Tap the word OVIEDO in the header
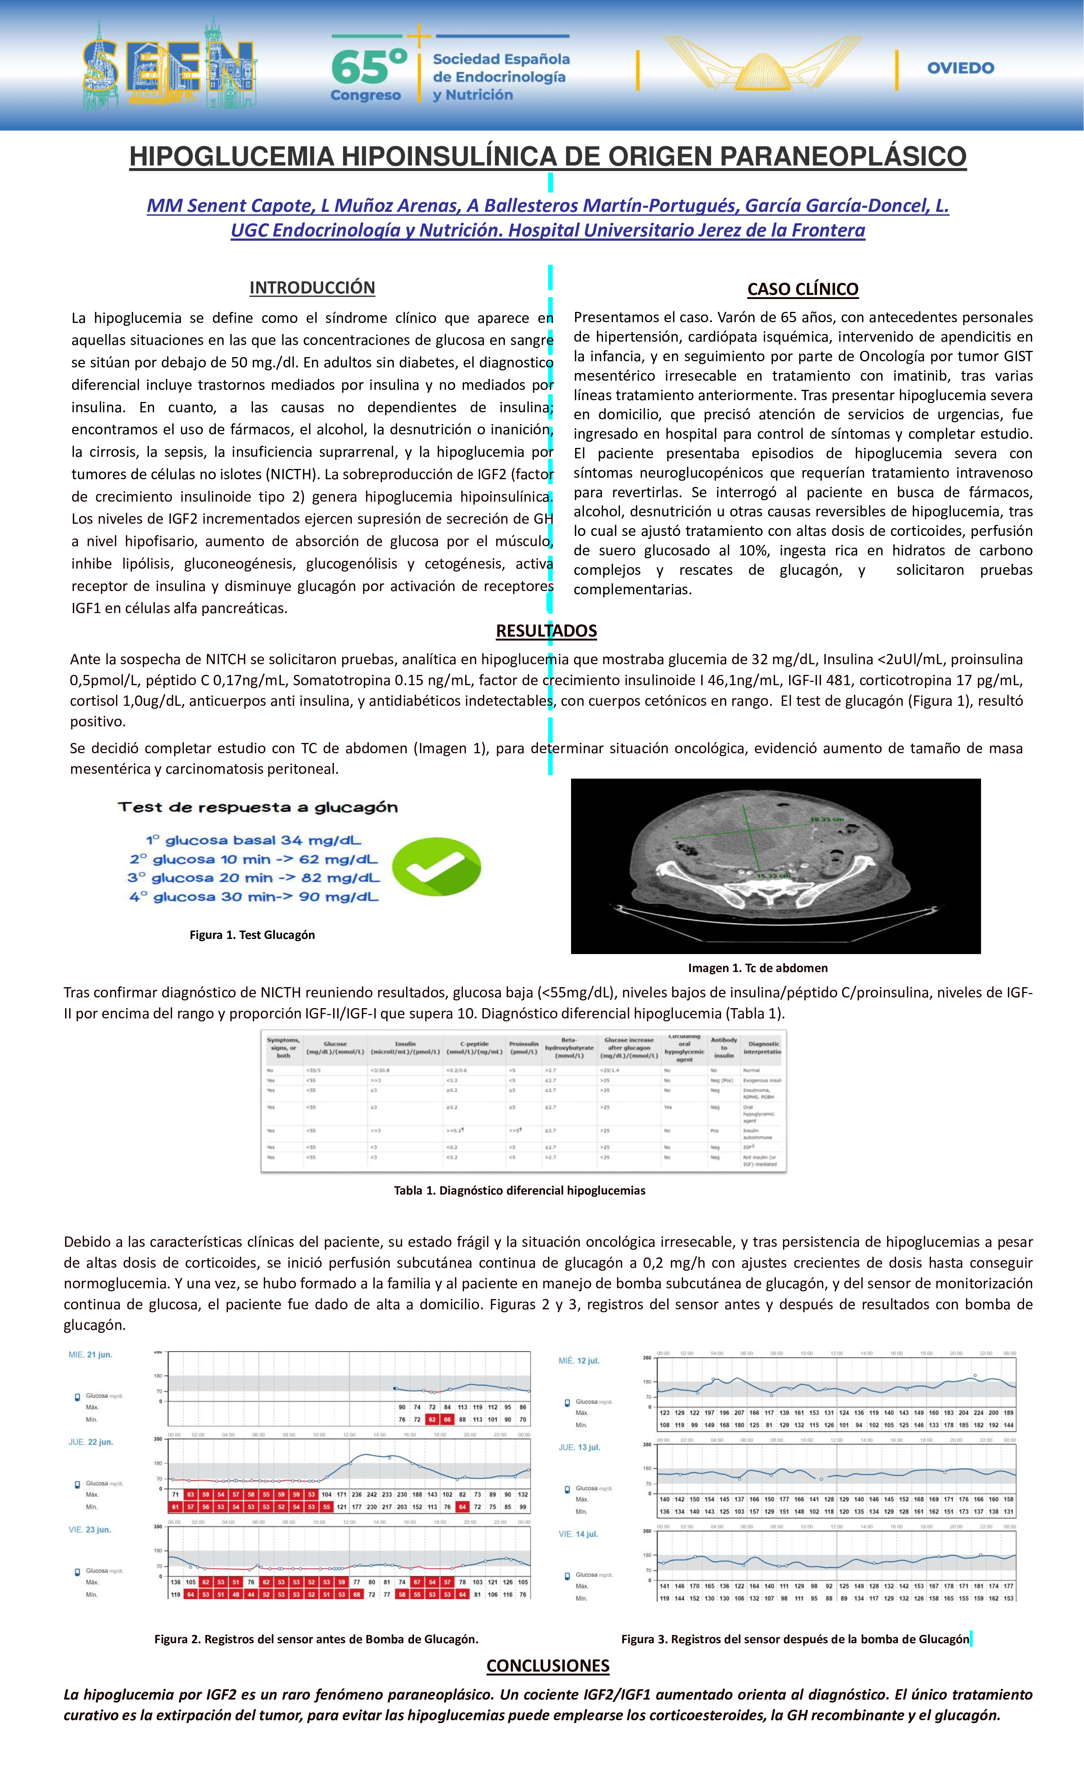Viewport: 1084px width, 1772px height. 960,68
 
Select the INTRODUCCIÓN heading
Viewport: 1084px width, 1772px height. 312,288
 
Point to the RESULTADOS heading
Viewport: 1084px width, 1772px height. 546,631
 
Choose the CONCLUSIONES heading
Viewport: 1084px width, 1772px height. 548,1666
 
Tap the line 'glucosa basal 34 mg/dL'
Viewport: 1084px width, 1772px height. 254,840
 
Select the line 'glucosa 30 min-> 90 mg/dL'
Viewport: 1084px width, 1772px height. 254,897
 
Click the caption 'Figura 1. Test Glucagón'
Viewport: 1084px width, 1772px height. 252,935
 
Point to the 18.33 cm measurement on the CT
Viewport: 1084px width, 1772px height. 827,820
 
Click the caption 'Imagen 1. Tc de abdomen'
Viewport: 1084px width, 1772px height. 757,968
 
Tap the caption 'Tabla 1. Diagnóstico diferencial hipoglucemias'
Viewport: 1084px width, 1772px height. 519,1190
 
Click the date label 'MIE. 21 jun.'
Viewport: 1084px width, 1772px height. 90,1355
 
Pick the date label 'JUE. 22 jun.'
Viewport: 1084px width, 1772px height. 90,1442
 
